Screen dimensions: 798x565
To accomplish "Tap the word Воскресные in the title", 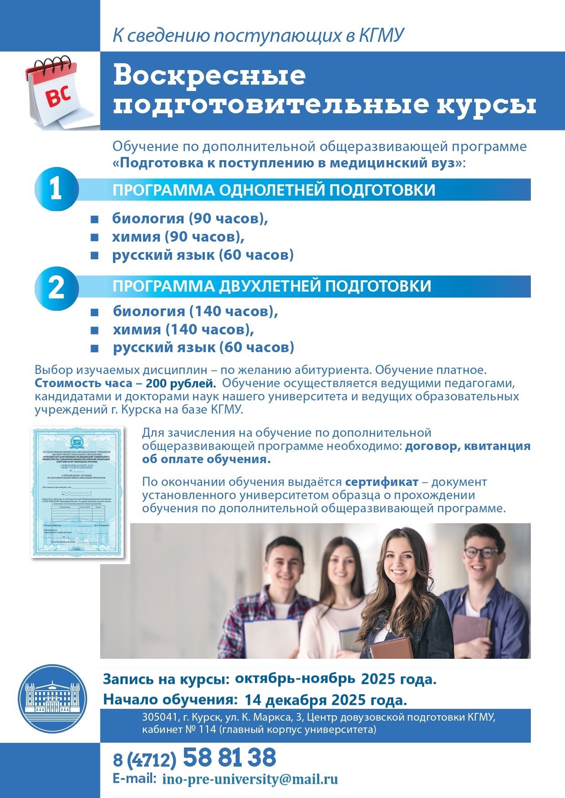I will [209, 76].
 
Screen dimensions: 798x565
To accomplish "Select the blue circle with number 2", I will [56, 288].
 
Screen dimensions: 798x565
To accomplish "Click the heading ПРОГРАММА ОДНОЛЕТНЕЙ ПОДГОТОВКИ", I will [274, 190].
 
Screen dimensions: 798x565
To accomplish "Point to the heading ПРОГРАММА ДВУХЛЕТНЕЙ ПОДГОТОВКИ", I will [272, 286].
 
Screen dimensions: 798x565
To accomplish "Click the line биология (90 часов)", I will [190, 218].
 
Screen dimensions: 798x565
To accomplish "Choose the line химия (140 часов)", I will [183, 329].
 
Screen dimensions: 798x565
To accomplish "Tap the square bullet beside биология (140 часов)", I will [95, 313].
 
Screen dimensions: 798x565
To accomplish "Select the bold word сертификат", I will [382, 482].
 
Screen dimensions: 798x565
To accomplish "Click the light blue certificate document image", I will [77, 491].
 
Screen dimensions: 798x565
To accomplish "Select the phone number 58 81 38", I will [229, 758].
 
